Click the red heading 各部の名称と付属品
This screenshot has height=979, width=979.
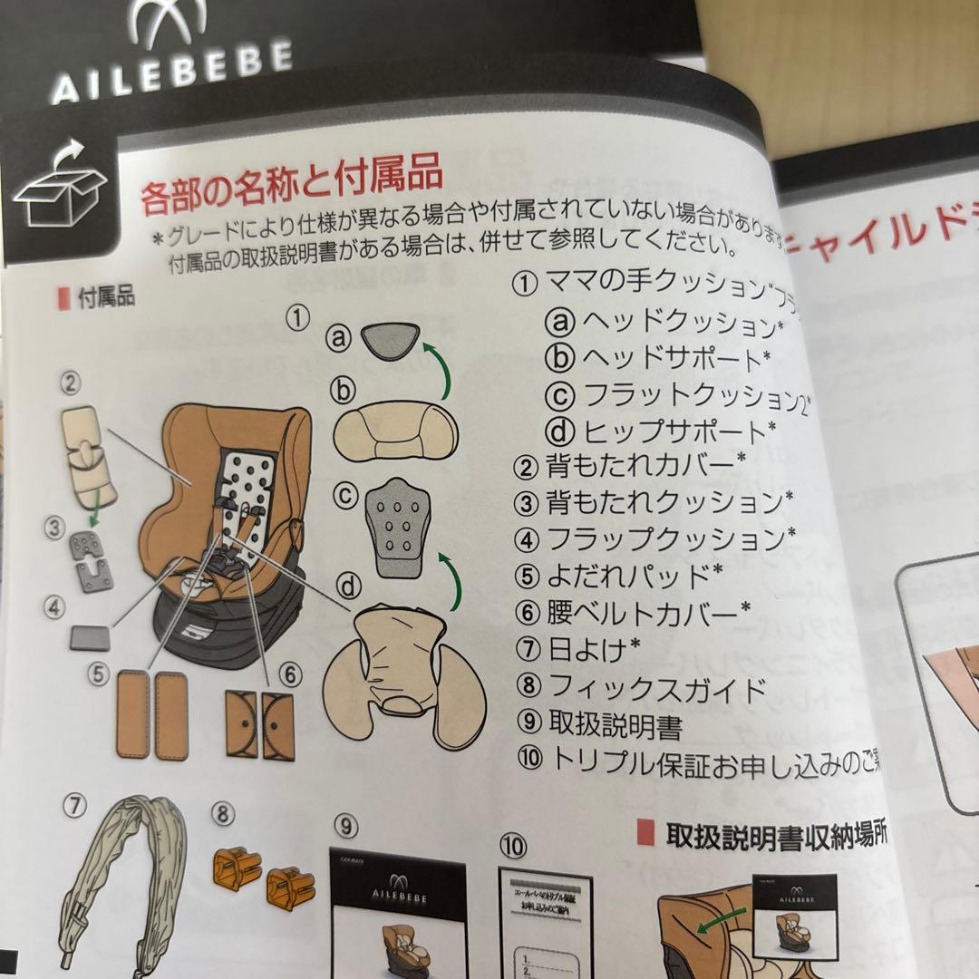click(291, 186)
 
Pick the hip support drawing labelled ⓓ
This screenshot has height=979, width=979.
click(405, 671)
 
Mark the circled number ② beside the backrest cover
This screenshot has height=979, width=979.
click(71, 383)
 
